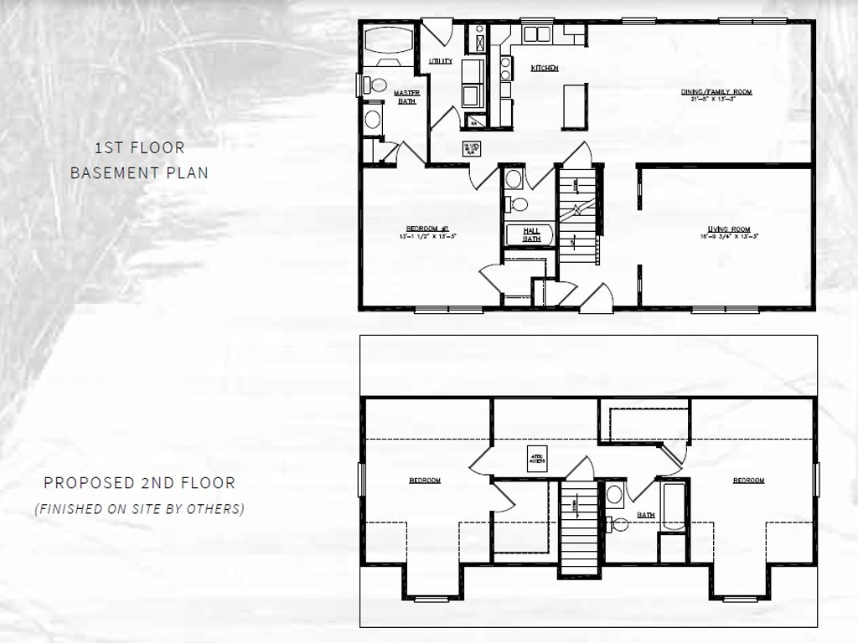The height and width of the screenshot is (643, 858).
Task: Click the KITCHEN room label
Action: (x=545, y=68)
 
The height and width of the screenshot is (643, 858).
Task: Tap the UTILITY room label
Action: (x=441, y=61)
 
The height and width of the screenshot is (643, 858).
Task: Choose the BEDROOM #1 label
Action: (x=428, y=230)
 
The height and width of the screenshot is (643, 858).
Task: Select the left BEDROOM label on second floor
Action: (x=425, y=481)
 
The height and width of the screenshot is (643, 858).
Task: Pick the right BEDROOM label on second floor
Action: (x=748, y=481)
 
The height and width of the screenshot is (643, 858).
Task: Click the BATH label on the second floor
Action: (x=645, y=515)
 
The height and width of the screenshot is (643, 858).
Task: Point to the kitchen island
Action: (x=573, y=105)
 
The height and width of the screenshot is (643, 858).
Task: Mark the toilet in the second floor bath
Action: (x=618, y=525)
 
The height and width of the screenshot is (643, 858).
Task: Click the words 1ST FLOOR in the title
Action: (x=139, y=148)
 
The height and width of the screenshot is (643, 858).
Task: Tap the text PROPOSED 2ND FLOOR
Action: (x=139, y=483)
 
